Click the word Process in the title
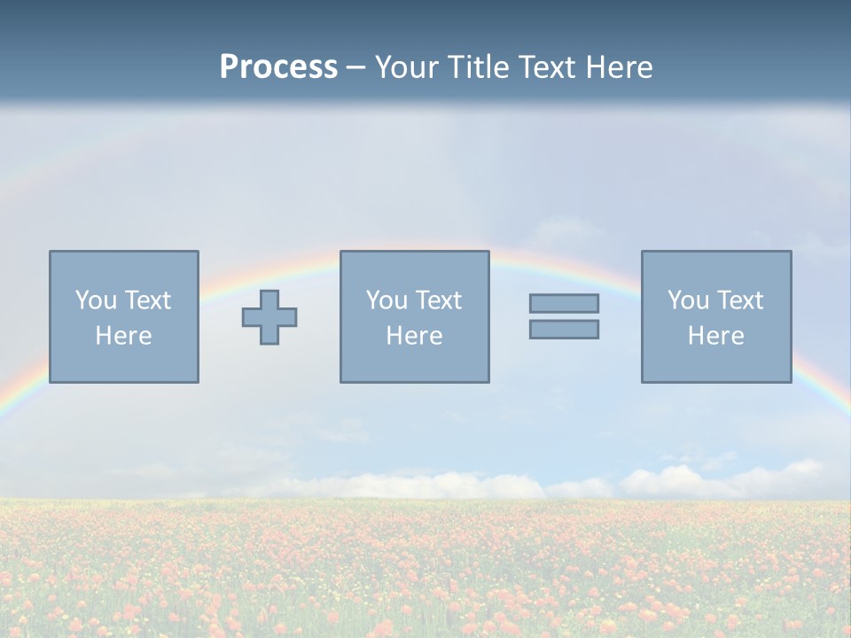[x=278, y=67]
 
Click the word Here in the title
[x=621, y=67]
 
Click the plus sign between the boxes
[x=269, y=317]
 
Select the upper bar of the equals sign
[x=564, y=303]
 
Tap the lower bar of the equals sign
[x=564, y=330]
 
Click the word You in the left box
[x=95, y=300]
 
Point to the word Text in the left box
[x=146, y=300]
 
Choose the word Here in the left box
[x=123, y=336]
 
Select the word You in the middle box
[x=386, y=300]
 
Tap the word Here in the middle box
[x=414, y=336]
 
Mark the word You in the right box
[x=687, y=300]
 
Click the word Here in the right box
[x=715, y=336]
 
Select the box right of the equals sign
[x=716, y=363]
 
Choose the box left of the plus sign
[x=124, y=363]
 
